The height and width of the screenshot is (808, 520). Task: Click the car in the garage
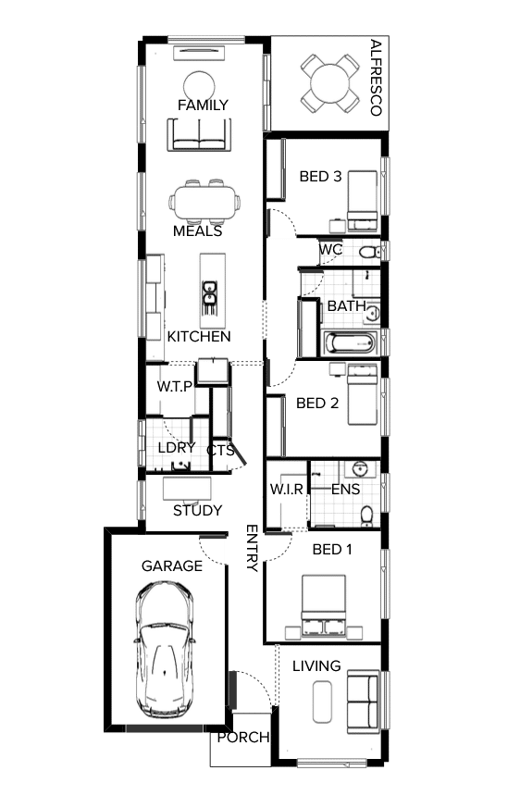pyautogui.click(x=166, y=649)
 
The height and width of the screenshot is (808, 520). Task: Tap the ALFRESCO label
pyautogui.click(x=375, y=78)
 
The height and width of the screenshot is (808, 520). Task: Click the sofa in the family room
pyautogui.click(x=198, y=134)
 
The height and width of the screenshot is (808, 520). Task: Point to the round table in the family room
pyautogui.click(x=199, y=85)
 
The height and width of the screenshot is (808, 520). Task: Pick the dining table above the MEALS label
pyautogui.click(x=204, y=201)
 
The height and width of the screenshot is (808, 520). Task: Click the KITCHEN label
pyautogui.click(x=199, y=337)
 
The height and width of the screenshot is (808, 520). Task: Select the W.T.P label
pyautogui.click(x=174, y=386)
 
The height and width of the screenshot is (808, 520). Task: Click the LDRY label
pyautogui.click(x=176, y=448)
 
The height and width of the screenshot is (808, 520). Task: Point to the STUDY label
pyautogui.click(x=198, y=510)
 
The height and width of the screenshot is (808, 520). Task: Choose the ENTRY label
pyautogui.click(x=252, y=548)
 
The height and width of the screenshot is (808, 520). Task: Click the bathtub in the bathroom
pyautogui.click(x=350, y=343)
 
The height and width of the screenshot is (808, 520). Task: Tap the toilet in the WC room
pyautogui.click(x=368, y=252)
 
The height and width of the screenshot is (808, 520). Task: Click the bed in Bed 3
pyautogui.click(x=363, y=201)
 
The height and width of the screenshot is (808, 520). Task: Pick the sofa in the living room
pyautogui.click(x=362, y=701)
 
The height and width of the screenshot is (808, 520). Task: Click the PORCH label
pyautogui.click(x=243, y=738)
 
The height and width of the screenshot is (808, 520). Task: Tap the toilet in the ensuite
pyautogui.click(x=366, y=515)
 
